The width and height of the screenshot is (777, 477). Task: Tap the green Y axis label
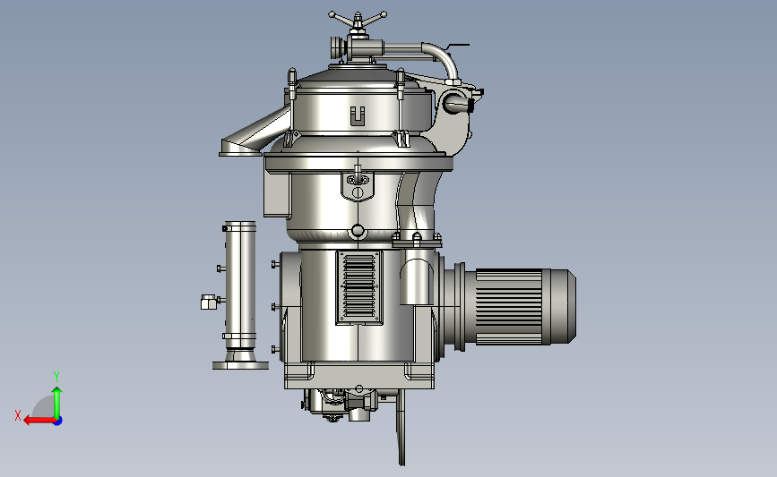click(x=56, y=377)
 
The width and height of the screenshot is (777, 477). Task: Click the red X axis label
click(x=18, y=415)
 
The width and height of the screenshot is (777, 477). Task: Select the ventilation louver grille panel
click(x=359, y=287)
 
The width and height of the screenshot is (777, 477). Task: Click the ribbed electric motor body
click(x=508, y=306)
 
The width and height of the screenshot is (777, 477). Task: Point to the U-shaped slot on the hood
click(x=358, y=115)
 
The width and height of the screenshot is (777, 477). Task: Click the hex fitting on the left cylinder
click(x=208, y=302)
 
